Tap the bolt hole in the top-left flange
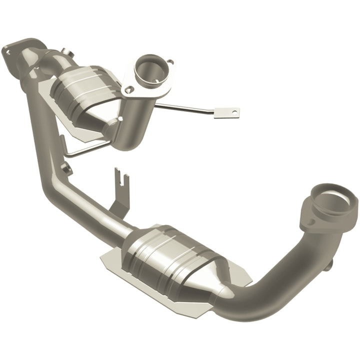pos(8,50)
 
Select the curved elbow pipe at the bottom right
pos(280,280)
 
